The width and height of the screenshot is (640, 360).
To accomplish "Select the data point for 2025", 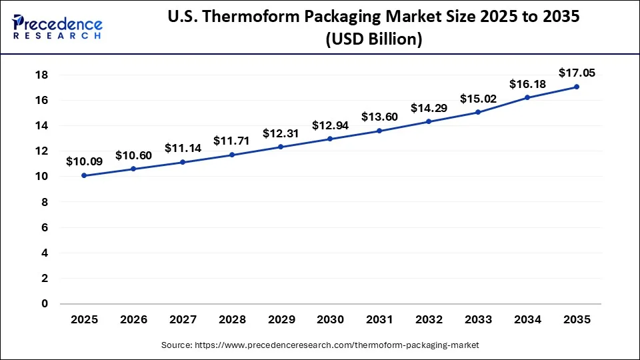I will pos(84,175).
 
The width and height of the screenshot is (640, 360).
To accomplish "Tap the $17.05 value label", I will pos(577,72).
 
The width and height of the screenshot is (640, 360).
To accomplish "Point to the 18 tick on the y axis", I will pos(42,75).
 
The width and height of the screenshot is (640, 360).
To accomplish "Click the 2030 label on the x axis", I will pos(330,319).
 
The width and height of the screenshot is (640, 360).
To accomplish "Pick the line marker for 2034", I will pos(527,97).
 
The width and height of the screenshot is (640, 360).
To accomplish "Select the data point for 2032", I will pos(429,121).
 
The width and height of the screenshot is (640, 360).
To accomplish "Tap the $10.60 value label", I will pos(133,155).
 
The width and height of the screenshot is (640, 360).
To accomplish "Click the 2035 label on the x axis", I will pos(577,319).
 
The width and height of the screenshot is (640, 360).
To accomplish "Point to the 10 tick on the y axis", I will pos(42,176).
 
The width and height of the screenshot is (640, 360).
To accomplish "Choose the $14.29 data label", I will pos(429,107).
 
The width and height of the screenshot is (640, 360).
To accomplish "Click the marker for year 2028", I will pos(232,155).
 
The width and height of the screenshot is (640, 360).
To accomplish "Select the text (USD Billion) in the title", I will pos(373,40).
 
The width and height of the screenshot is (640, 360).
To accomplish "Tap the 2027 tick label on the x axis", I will pos(183,319).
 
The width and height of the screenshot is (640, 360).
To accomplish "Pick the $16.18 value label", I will pos(527,84).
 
